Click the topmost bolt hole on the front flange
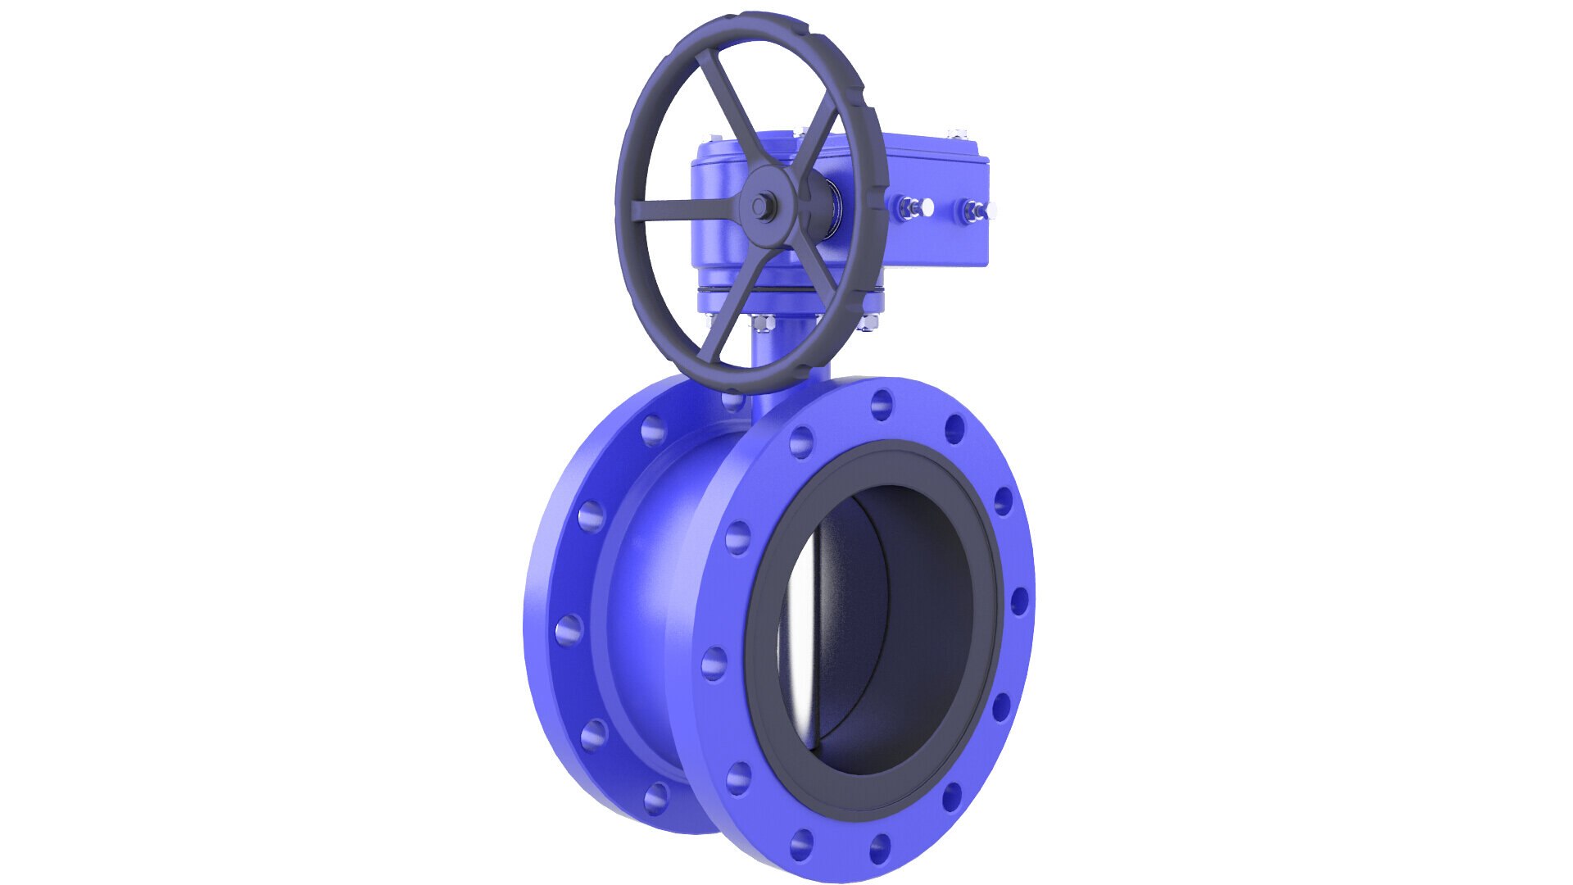(882, 404)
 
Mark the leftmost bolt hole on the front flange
(714, 662)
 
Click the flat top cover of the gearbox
(909, 147)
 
